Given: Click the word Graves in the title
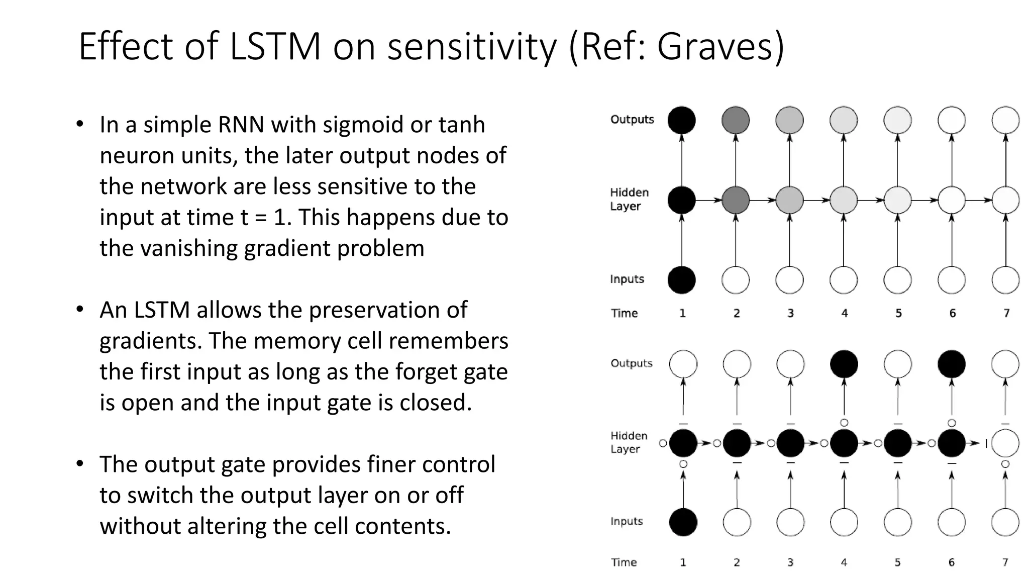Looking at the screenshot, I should pyautogui.click(x=712, y=46).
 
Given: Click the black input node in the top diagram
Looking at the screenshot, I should pyautogui.click(x=681, y=280).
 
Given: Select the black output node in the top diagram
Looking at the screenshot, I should pyautogui.click(x=681, y=120).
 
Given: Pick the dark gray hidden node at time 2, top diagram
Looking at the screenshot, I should pyautogui.click(x=735, y=200).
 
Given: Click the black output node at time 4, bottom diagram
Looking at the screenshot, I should pyautogui.click(x=844, y=364).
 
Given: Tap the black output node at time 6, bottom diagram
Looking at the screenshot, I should pyautogui.click(x=952, y=364).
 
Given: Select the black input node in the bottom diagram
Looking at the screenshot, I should pyautogui.click(x=683, y=522).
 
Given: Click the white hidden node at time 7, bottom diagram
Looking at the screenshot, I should pyautogui.click(x=1005, y=443).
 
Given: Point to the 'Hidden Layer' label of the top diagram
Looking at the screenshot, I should pyautogui.click(x=629, y=199).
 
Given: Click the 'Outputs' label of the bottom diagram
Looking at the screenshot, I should pyautogui.click(x=631, y=363).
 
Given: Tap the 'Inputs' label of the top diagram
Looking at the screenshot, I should pyautogui.click(x=627, y=279).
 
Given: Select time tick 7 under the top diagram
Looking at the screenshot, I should pyautogui.click(x=1006, y=313).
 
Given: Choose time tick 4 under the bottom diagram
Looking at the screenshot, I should pyautogui.click(x=844, y=562).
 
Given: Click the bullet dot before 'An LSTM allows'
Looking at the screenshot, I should pyautogui.click(x=79, y=309).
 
